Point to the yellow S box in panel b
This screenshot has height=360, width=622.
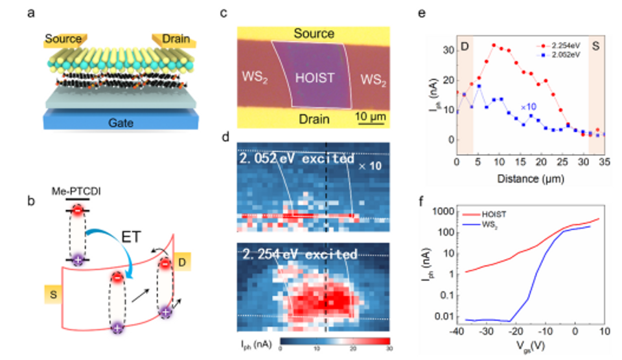click(x=53, y=295)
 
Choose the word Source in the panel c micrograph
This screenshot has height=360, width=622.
click(x=312, y=33)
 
